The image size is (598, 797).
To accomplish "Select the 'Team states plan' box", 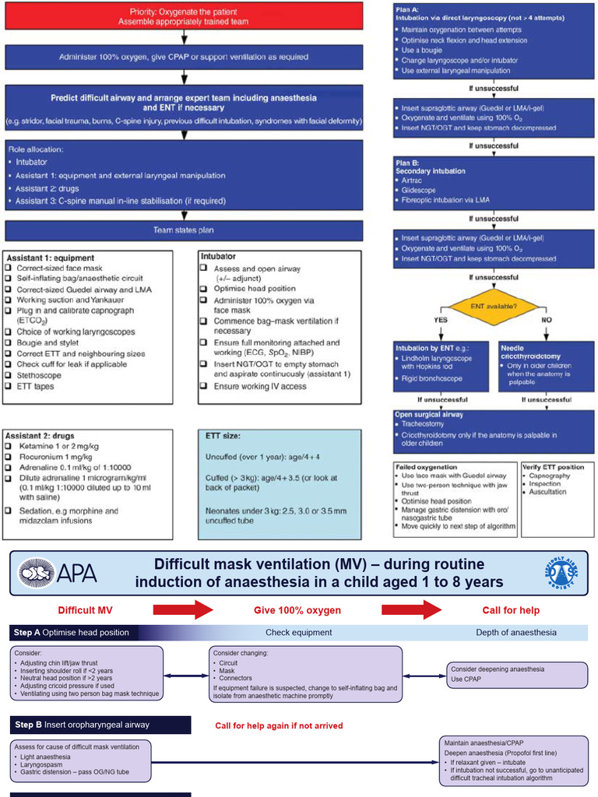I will (x=185, y=230).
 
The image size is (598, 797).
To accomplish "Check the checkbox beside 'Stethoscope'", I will (x=11, y=375).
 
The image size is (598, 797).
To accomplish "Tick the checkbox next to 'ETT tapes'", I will (x=11, y=386).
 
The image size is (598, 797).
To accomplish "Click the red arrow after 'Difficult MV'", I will (x=181, y=609).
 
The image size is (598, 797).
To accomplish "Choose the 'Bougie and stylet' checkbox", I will (x=11, y=342).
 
